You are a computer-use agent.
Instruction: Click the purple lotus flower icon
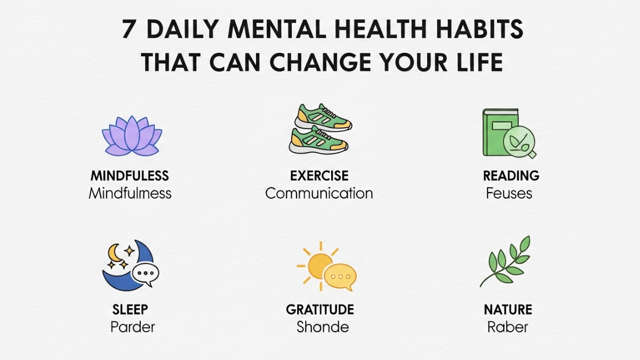[x=132, y=137]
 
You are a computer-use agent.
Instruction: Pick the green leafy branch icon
[x=506, y=261]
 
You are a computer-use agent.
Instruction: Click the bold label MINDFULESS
[x=130, y=176]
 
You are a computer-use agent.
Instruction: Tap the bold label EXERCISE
[x=319, y=176]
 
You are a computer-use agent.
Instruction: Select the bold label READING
[x=511, y=176]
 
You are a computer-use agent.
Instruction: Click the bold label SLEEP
[x=130, y=309]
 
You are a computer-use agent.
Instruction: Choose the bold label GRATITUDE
[x=320, y=309]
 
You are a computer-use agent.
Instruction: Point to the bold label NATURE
[x=508, y=309]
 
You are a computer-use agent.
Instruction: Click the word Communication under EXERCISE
[x=319, y=193]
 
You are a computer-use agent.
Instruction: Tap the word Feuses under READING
[x=509, y=193]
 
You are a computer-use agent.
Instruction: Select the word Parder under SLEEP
[x=133, y=326]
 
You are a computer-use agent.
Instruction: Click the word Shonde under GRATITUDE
[x=323, y=326]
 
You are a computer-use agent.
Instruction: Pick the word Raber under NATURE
[x=508, y=326]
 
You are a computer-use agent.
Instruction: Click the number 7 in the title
[x=129, y=30]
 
